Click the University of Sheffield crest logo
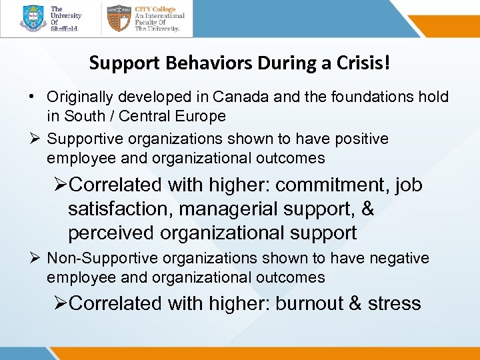(x=33, y=19)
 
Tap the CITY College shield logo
(x=118, y=19)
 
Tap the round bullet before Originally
(x=32, y=97)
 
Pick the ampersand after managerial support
(x=367, y=209)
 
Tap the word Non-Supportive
(x=95, y=258)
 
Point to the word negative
(x=401, y=258)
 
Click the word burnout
(x=309, y=303)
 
